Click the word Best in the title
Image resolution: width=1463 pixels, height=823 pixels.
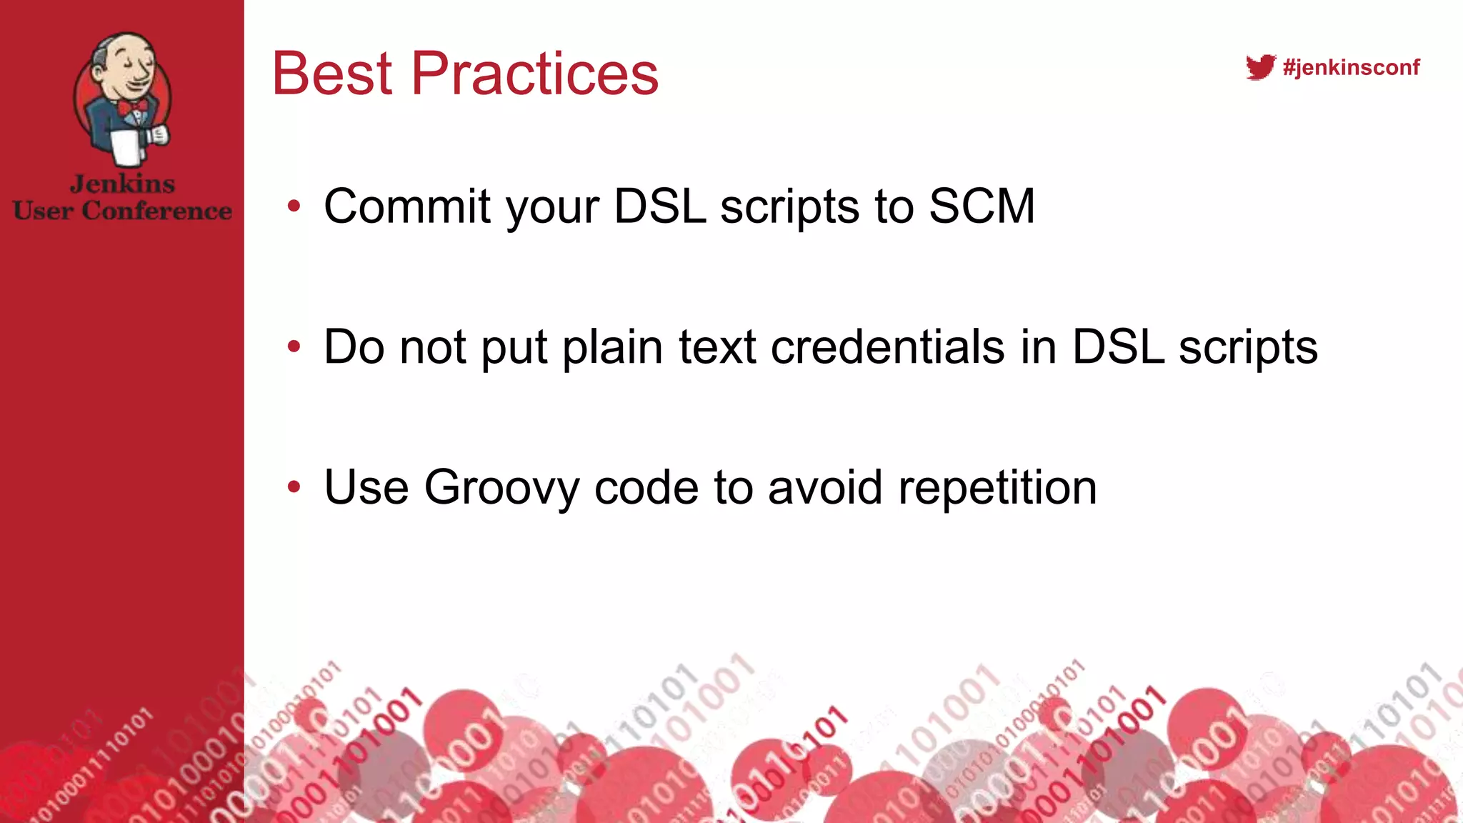332,74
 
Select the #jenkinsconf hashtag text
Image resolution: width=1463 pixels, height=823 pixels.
1351,67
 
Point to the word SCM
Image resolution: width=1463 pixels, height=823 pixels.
982,206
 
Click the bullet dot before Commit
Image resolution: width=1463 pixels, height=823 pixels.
294,207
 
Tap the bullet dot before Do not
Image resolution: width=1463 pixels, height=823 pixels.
294,348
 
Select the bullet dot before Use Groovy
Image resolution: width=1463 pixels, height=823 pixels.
294,488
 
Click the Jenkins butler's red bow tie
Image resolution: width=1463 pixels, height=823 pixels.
133,106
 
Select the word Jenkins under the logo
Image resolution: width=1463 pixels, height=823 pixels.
122,184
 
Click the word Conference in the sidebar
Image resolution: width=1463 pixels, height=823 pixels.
157,211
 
